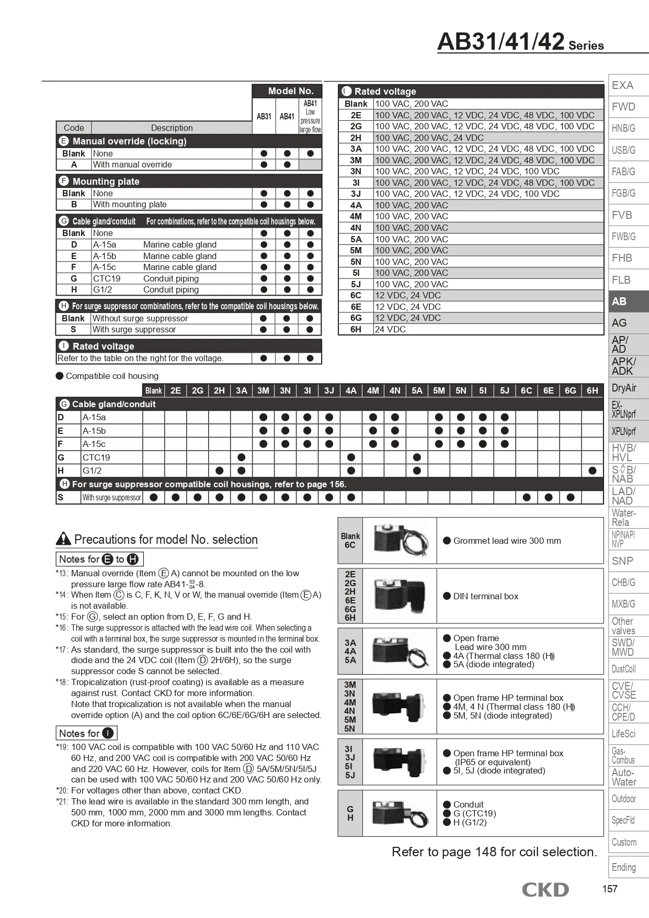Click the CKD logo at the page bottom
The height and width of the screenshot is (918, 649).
click(x=545, y=889)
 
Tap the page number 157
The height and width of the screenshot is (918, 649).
click(x=610, y=889)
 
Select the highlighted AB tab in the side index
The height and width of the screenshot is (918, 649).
click(x=628, y=301)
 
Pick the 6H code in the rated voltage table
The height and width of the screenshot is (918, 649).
click(x=356, y=329)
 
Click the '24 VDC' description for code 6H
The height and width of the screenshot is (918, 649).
click(x=390, y=329)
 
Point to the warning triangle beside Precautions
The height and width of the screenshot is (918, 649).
click(x=63, y=539)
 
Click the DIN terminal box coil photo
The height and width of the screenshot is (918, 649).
click(x=399, y=596)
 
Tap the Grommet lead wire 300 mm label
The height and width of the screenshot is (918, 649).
click(x=507, y=541)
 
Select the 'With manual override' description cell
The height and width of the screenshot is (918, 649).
click(x=132, y=164)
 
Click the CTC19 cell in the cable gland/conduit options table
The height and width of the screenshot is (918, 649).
click(x=107, y=278)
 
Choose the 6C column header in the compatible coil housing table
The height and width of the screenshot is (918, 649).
click(x=526, y=390)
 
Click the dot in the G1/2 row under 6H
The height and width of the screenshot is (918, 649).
click(x=592, y=471)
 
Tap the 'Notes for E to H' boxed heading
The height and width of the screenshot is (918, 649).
click(x=99, y=559)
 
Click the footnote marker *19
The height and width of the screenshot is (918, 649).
click(x=62, y=747)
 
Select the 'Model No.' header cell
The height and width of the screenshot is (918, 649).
click(x=291, y=91)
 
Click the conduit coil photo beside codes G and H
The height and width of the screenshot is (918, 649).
click(x=399, y=813)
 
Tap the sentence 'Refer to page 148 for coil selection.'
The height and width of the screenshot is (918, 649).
click(x=494, y=852)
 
